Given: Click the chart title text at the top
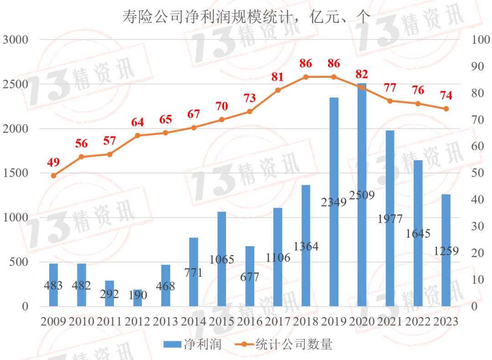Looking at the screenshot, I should (246, 17).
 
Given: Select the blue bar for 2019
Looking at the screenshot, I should (334, 202).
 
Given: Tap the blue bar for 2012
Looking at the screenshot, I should (138, 298).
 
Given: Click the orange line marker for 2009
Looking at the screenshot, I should (53, 176).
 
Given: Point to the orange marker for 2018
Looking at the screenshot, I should (306, 77).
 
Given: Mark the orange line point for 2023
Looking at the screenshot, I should (446, 109).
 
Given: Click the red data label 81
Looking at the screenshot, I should (277, 77).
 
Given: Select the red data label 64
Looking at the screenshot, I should (138, 122).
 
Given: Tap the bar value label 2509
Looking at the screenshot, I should (362, 196).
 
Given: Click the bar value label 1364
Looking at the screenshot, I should (306, 246).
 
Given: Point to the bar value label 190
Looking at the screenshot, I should (138, 295).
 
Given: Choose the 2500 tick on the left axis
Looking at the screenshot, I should (15, 84).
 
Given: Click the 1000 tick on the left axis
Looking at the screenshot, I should (15, 218).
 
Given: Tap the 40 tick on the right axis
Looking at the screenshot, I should (478, 200).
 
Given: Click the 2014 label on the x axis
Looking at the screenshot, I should (194, 321).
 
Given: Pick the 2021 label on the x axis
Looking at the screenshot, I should (390, 321).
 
